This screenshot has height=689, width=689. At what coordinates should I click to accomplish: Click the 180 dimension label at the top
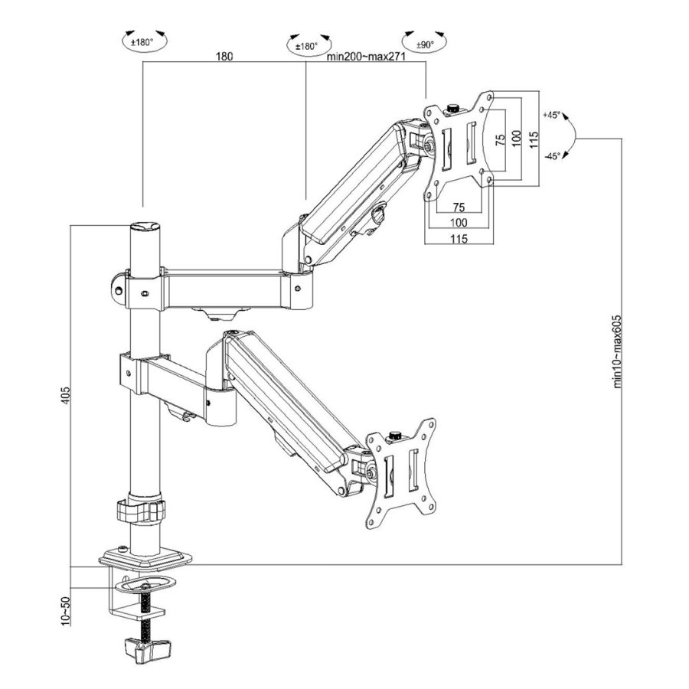click(224, 57)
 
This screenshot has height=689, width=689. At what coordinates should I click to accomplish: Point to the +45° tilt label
click(551, 115)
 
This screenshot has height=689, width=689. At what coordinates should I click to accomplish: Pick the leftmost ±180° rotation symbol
click(143, 41)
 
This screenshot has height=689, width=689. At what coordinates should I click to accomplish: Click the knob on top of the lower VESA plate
click(396, 436)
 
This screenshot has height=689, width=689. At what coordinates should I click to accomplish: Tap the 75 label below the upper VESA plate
click(459, 207)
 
